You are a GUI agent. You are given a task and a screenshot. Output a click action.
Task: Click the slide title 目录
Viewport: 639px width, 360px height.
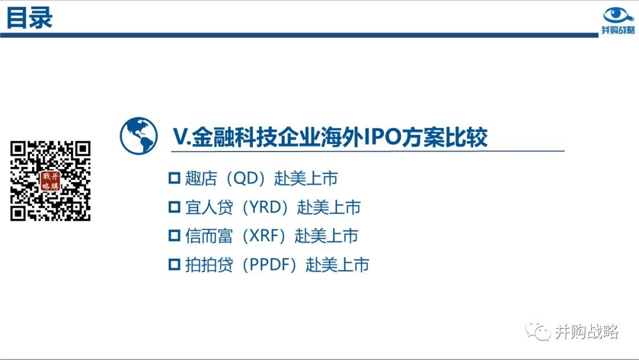pos(30,18)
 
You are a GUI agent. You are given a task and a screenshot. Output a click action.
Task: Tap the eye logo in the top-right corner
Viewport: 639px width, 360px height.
pos(618,15)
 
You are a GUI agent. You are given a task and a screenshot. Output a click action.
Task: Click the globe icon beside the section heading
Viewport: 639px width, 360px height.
pos(138,136)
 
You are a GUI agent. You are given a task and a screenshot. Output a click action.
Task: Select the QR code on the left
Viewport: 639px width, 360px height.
pos(50,181)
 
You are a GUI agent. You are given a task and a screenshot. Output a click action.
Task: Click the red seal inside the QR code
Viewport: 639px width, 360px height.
pos(50,181)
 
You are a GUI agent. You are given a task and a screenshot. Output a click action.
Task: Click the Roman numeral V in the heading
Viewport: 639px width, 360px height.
pos(180,137)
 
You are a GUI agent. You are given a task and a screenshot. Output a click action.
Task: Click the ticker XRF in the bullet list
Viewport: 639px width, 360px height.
pos(264,236)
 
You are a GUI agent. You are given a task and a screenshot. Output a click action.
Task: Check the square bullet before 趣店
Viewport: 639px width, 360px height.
pos(175,178)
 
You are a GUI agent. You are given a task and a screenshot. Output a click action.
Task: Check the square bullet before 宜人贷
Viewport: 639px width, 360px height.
pos(175,207)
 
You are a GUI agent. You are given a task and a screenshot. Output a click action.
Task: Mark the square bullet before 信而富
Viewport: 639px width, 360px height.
pos(175,236)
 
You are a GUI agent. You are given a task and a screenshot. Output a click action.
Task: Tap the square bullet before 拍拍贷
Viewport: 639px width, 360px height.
pos(175,265)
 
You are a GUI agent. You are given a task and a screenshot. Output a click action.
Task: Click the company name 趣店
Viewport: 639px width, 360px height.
pos(201,179)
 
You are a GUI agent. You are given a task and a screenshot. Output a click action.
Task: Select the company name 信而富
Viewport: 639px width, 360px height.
pos(209,236)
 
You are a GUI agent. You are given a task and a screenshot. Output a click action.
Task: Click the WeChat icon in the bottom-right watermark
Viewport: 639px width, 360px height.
pos(538,330)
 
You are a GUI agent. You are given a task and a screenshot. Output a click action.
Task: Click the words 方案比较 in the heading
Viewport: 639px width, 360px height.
pos(444,137)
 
